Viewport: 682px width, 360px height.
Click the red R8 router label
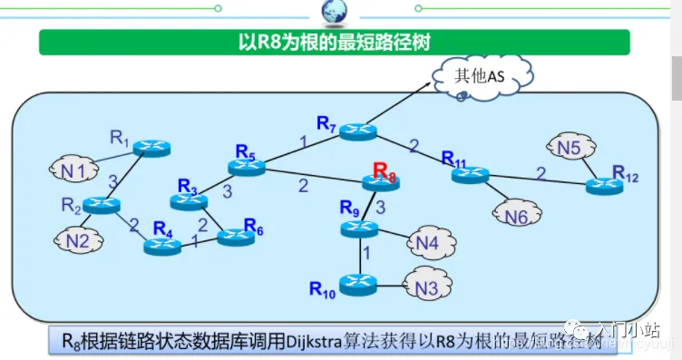pyautogui.click(x=385, y=170)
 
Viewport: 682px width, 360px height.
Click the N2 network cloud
pyautogui.click(x=78, y=240)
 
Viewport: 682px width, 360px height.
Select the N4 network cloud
pyautogui.click(x=427, y=242)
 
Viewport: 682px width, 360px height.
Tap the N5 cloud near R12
pyautogui.click(x=569, y=148)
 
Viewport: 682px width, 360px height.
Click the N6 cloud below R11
pyautogui.click(x=516, y=216)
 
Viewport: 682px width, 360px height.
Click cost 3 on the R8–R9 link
pyautogui.click(x=381, y=208)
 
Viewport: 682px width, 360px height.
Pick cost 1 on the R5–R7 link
pyautogui.click(x=303, y=141)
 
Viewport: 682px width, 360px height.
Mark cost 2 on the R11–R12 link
pyautogui.click(x=541, y=172)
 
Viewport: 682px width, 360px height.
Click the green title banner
pyautogui.click(x=334, y=42)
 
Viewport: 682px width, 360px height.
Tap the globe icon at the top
pyautogui.click(x=335, y=11)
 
